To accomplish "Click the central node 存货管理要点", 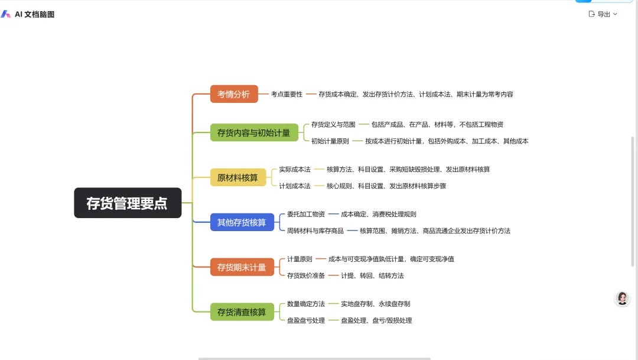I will [x=128, y=203].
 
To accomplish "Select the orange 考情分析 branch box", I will [x=234, y=94].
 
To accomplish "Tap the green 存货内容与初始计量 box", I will [x=254, y=132].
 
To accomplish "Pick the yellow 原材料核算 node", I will [x=237, y=177].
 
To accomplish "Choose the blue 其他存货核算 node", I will [x=242, y=222].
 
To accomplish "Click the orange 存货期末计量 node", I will [x=242, y=267].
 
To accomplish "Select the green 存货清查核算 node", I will [x=242, y=312].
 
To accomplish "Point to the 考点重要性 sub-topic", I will [x=287, y=94].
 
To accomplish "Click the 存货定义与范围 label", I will [x=333, y=125].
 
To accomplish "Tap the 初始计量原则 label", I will [x=330, y=141].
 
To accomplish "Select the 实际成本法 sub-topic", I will [x=295, y=170].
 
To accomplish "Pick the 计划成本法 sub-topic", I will [x=295, y=186].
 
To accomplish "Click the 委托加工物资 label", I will [x=306, y=214].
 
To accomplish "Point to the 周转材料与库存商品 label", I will [x=315, y=231].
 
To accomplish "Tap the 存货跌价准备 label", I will [x=306, y=275].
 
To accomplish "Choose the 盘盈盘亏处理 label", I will [x=306, y=320].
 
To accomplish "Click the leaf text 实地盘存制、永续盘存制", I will [x=375, y=304].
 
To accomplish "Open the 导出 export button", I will [x=603, y=14].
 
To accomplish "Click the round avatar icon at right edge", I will [x=622, y=299].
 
